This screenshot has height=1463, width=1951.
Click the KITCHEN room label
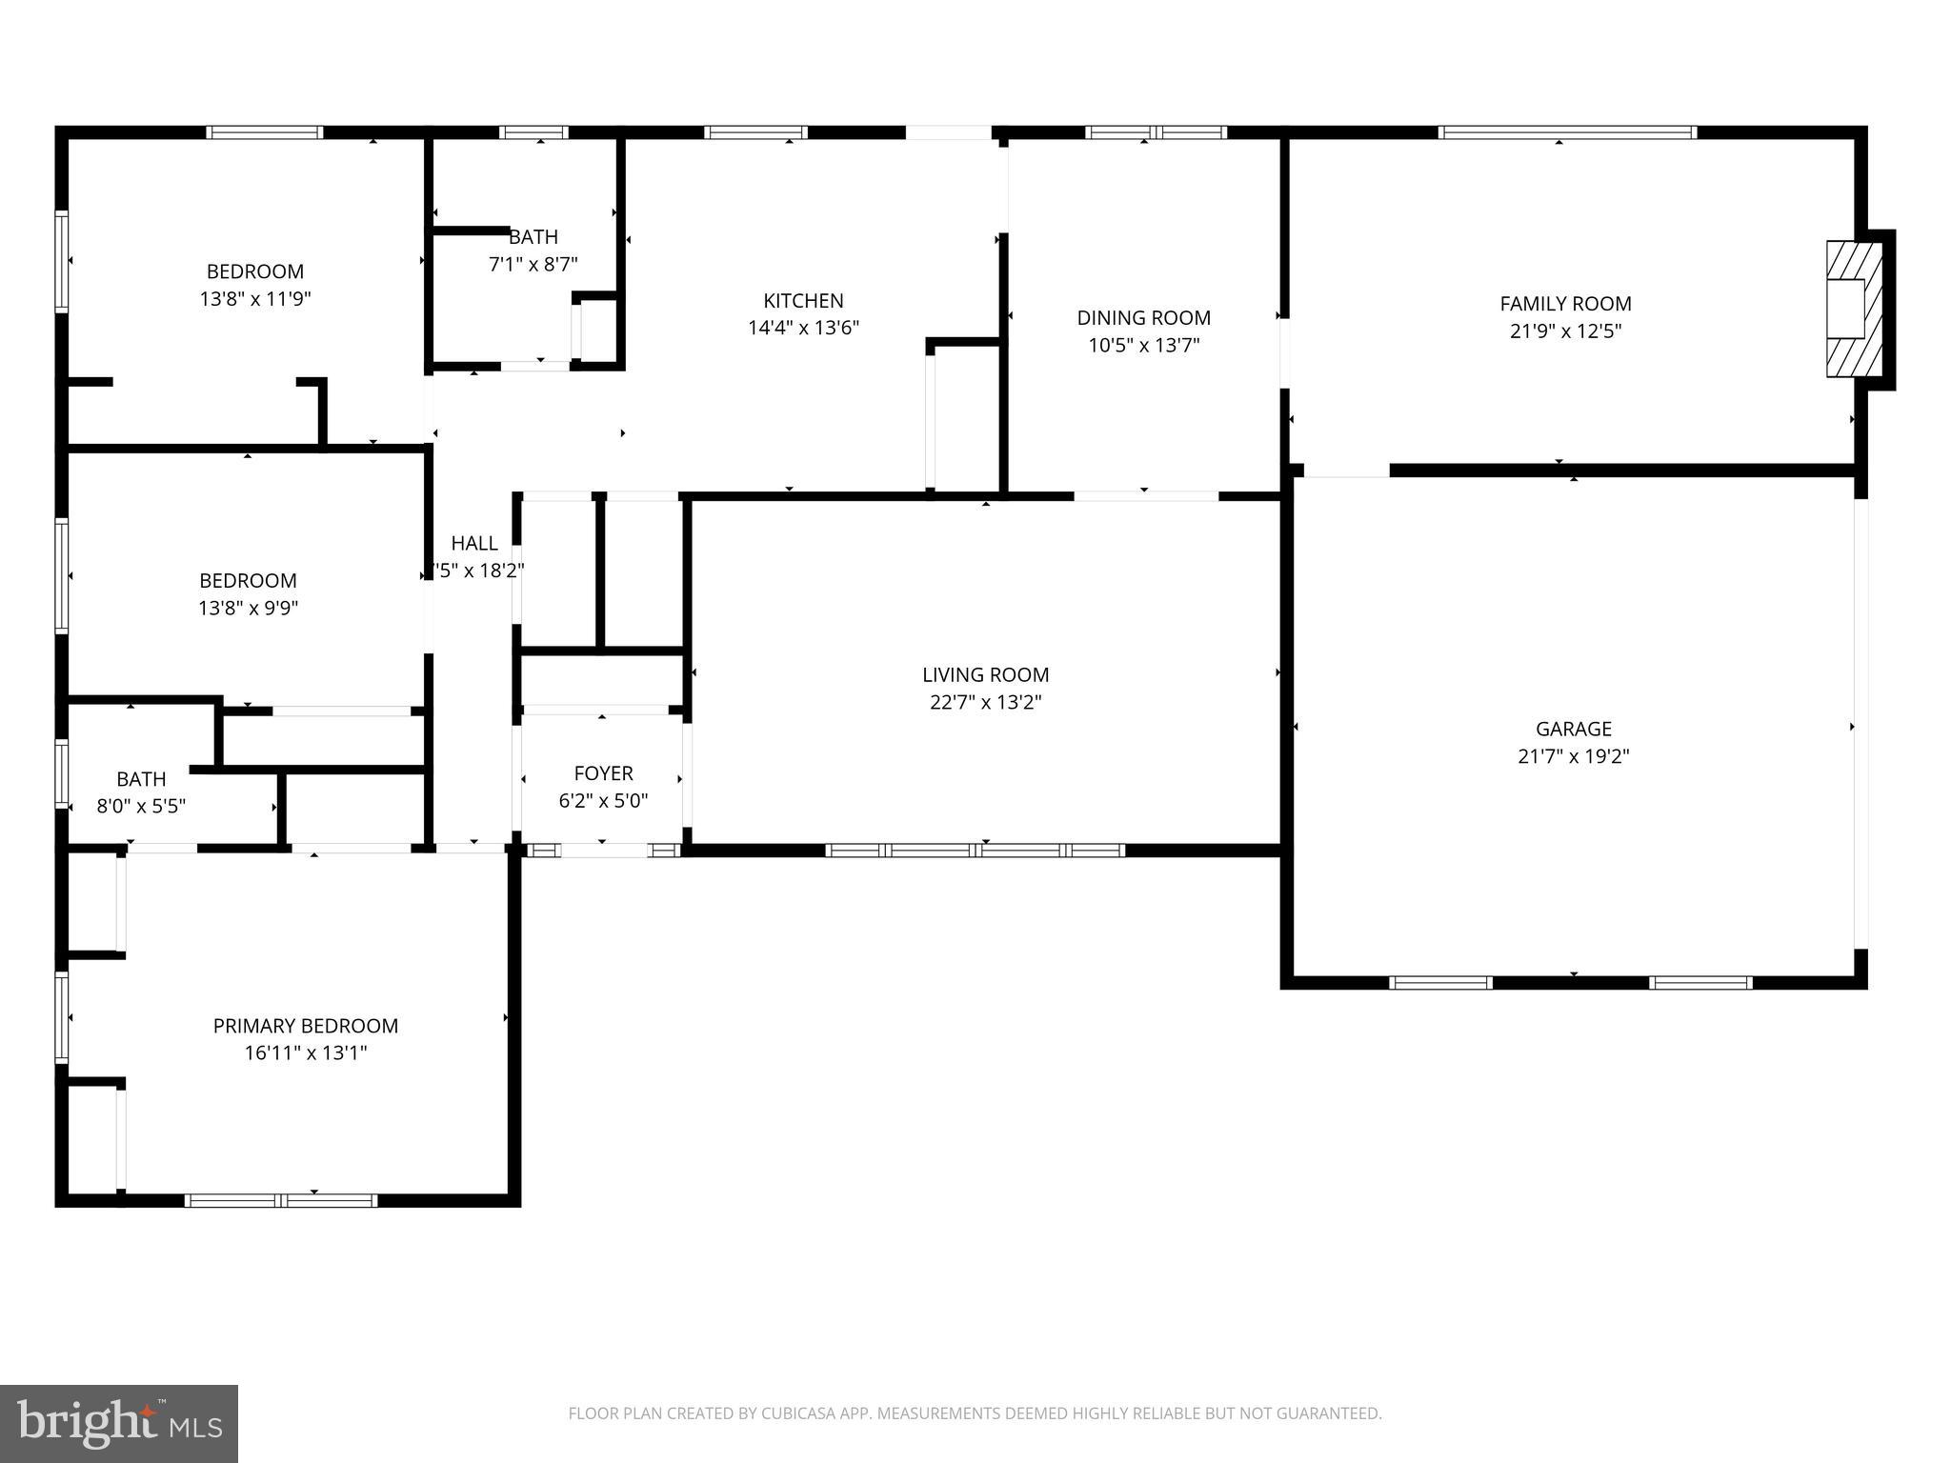pyautogui.click(x=803, y=301)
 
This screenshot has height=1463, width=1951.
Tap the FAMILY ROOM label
pyautogui.click(x=1565, y=304)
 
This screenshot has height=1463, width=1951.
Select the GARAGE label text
pyautogui.click(x=1573, y=730)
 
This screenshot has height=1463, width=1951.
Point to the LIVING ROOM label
pyautogui.click(x=985, y=675)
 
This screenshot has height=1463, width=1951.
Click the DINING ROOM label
pyautogui.click(x=1143, y=318)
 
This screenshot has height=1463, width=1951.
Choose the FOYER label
pyautogui.click(x=603, y=773)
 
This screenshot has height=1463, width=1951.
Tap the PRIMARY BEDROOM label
pyautogui.click(x=305, y=1026)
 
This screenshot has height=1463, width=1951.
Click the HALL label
pyautogui.click(x=473, y=544)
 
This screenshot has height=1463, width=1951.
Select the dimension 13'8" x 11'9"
pyautogui.click(x=255, y=299)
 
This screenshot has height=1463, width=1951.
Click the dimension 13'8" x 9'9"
pyautogui.click(x=248, y=608)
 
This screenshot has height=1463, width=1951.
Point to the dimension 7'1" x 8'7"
pyautogui.click(x=533, y=264)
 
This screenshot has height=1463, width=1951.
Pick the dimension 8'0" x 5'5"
pyautogui.click(x=141, y=806)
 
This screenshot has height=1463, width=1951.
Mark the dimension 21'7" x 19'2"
pyautogui.click(x=1573, y=756)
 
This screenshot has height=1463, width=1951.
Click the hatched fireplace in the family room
pyautogui.click(x=1853, y=309)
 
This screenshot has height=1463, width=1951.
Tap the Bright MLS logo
pyautogui.click(x=118, y=1423)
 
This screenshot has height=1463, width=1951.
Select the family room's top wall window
pyautogui.click(x=1566, y=132)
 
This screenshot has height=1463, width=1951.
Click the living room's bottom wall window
pyautogui.click(x=975, y=850)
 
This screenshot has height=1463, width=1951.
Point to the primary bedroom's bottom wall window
pyautogui.click(x=281, y=1200)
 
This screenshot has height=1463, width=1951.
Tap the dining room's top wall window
pyautogui.click(x=1156, y=132)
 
